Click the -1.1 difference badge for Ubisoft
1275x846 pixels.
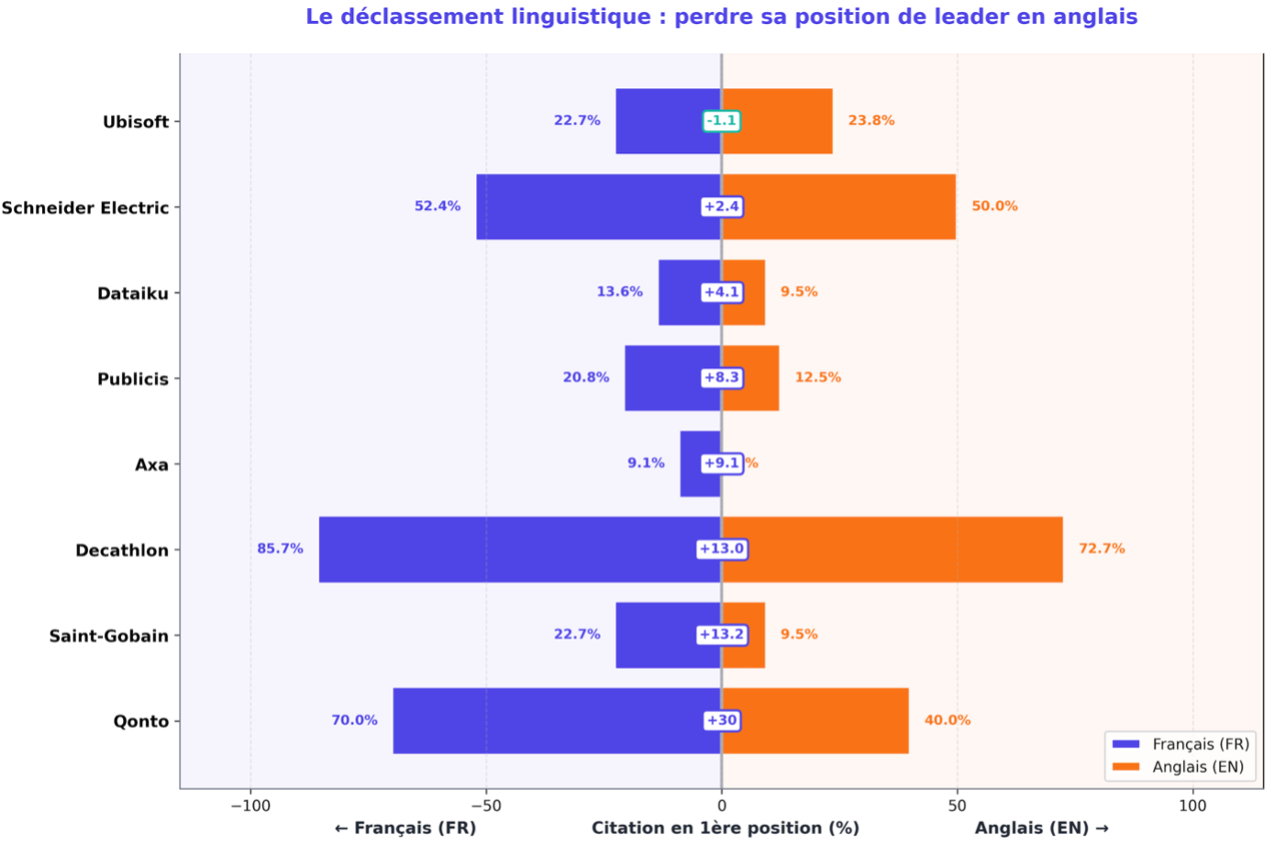pos(721,120)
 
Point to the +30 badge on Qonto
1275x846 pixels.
pos(722,720)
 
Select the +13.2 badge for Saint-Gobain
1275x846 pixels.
pos(722,634)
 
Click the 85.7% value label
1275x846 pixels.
pos(280,549)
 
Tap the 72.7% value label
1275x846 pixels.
pos(1102,549)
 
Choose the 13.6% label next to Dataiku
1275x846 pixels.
pos(619,292)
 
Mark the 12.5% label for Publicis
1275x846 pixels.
pos(817,377)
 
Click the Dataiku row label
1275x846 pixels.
pos(133,294)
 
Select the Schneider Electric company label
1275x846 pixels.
pos(85,207)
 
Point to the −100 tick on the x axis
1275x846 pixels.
pos(249,806)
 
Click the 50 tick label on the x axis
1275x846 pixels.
pos(957,806)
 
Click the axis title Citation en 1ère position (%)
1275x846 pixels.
pos(725,828)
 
